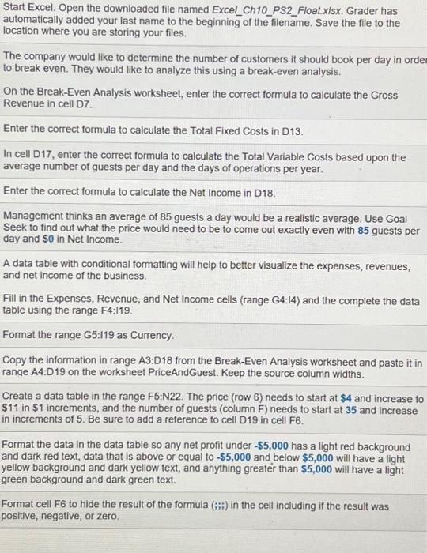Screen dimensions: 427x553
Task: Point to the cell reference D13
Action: pos(293,130)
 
